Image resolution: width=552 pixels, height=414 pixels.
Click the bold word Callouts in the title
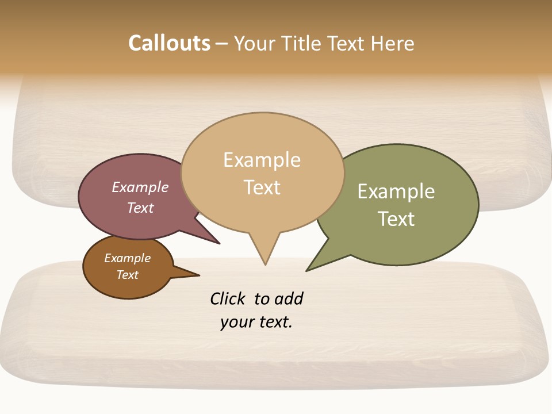point(169,43)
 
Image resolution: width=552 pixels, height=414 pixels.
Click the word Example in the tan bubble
point(262,160)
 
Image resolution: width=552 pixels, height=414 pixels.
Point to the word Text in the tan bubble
point(262,187)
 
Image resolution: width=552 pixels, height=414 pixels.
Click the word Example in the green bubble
point(396,191)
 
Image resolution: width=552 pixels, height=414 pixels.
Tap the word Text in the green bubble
point(396,219)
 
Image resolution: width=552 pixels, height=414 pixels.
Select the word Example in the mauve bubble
point(140,187)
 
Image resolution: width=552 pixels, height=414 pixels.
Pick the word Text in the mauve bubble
point(140,208)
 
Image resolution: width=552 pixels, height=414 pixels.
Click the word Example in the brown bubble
point(127,258)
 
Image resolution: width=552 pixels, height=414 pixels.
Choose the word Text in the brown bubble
point(127,275)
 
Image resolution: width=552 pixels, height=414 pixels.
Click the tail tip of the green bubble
point(307,270)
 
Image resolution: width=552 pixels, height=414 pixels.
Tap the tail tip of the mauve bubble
point(219,243)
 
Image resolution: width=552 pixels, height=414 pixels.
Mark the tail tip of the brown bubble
point(199,275)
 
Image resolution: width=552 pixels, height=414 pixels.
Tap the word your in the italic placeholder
point(233,322)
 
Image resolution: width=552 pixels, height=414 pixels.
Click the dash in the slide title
point(222,44)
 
